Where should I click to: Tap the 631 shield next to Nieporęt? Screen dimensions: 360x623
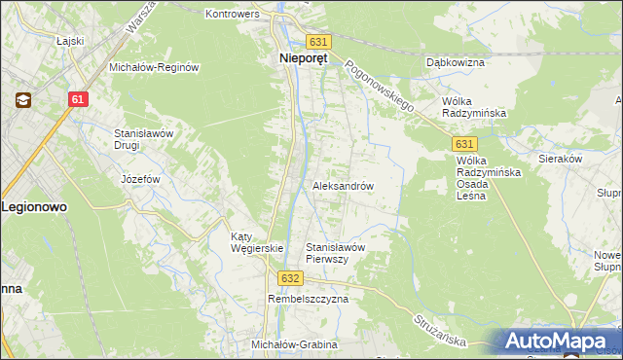point(318,43)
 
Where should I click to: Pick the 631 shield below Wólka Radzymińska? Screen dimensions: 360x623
point(464,143)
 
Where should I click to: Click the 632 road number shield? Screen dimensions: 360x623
point(289,278)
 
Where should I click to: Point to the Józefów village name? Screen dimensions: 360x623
point(139,180)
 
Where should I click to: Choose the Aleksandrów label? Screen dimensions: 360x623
point(343,185)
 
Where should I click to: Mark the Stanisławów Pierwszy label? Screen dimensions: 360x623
point(335,253)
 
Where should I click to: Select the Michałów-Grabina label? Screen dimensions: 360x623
point(294,345)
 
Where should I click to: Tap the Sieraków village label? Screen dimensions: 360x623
point(560,157)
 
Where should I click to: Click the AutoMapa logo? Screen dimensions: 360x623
point(557,342)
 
